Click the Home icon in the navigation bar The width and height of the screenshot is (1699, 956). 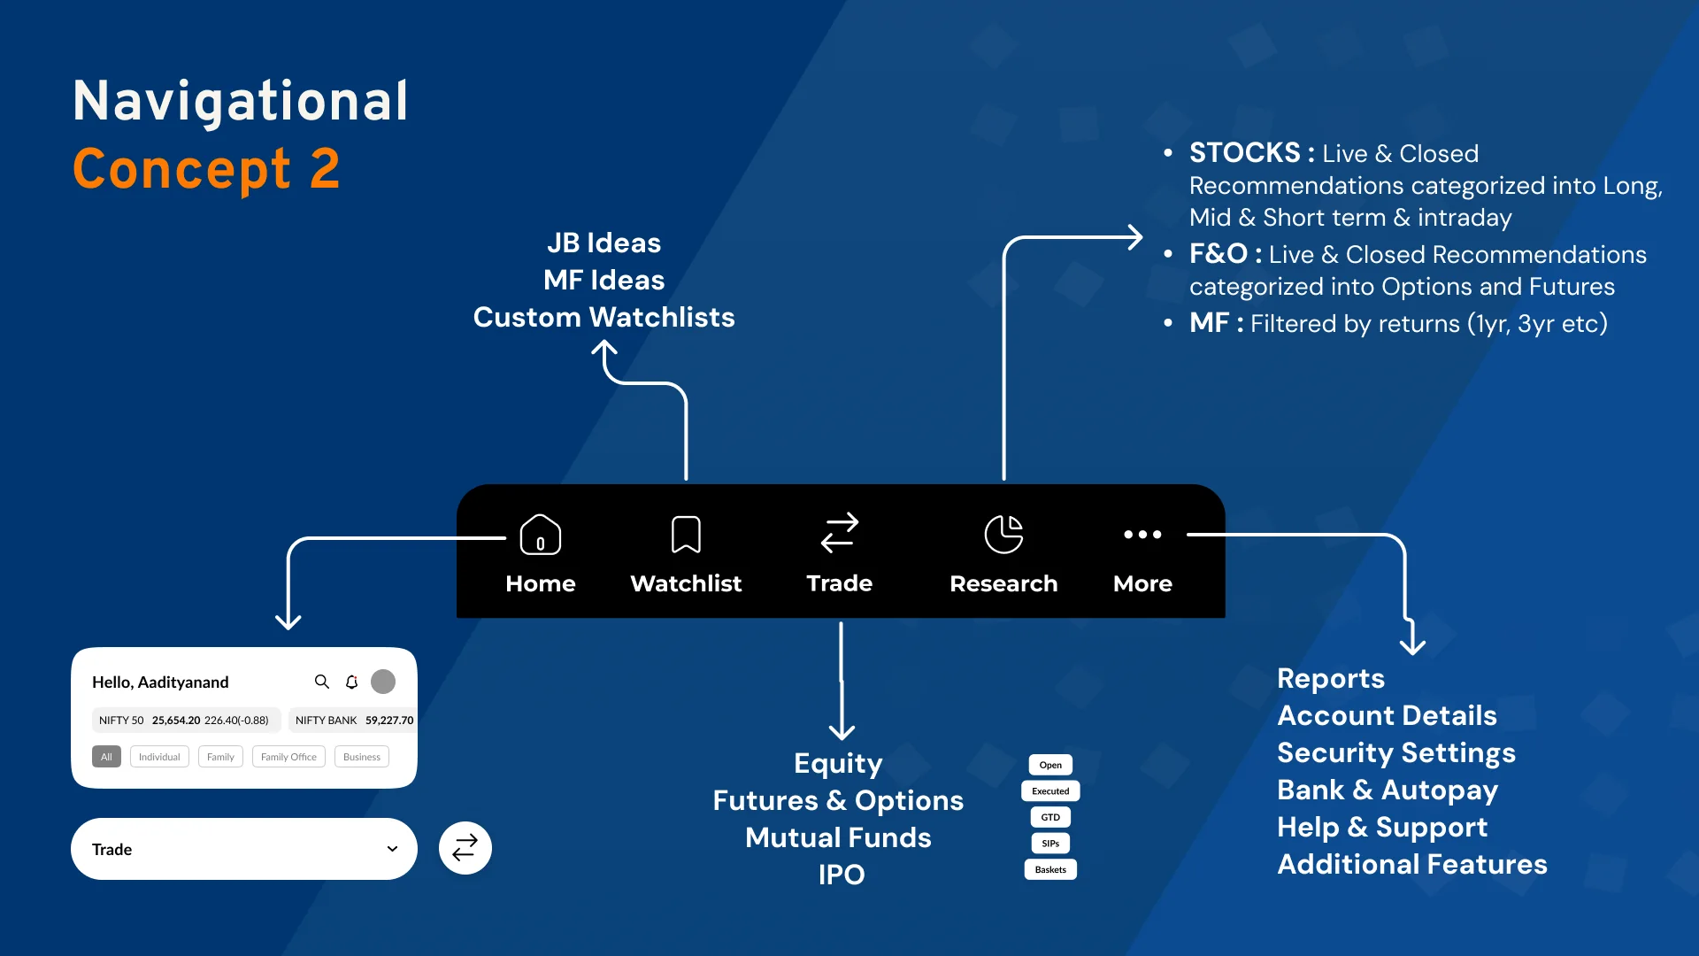point(540,535)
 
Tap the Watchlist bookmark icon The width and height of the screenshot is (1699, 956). point(686,535)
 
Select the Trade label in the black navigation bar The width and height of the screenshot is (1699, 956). point(839,583)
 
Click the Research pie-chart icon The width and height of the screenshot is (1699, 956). point(1003,535)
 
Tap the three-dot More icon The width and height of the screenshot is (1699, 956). point(1142,535)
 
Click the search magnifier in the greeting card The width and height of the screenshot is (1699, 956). point(322,682)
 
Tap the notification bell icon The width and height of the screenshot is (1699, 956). point(351,682)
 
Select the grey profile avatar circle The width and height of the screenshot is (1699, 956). point(383,682)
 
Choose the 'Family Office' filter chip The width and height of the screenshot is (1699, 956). point(288,757)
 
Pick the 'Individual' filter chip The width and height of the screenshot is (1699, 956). point(159,757)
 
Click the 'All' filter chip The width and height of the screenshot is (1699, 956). point(106,757)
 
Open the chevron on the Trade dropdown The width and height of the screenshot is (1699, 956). point(392,849)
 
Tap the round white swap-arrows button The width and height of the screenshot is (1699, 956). point(465,848)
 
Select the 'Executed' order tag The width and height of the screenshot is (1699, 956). point(1050,791)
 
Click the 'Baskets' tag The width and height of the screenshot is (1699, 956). point(1050,870)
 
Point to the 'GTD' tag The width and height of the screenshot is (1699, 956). point(1050,817)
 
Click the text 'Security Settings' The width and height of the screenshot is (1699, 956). point(1396,753)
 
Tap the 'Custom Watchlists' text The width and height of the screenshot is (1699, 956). point(604,318)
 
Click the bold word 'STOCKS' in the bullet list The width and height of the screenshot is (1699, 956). point(1245,153)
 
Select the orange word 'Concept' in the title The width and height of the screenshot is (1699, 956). point(181,169)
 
